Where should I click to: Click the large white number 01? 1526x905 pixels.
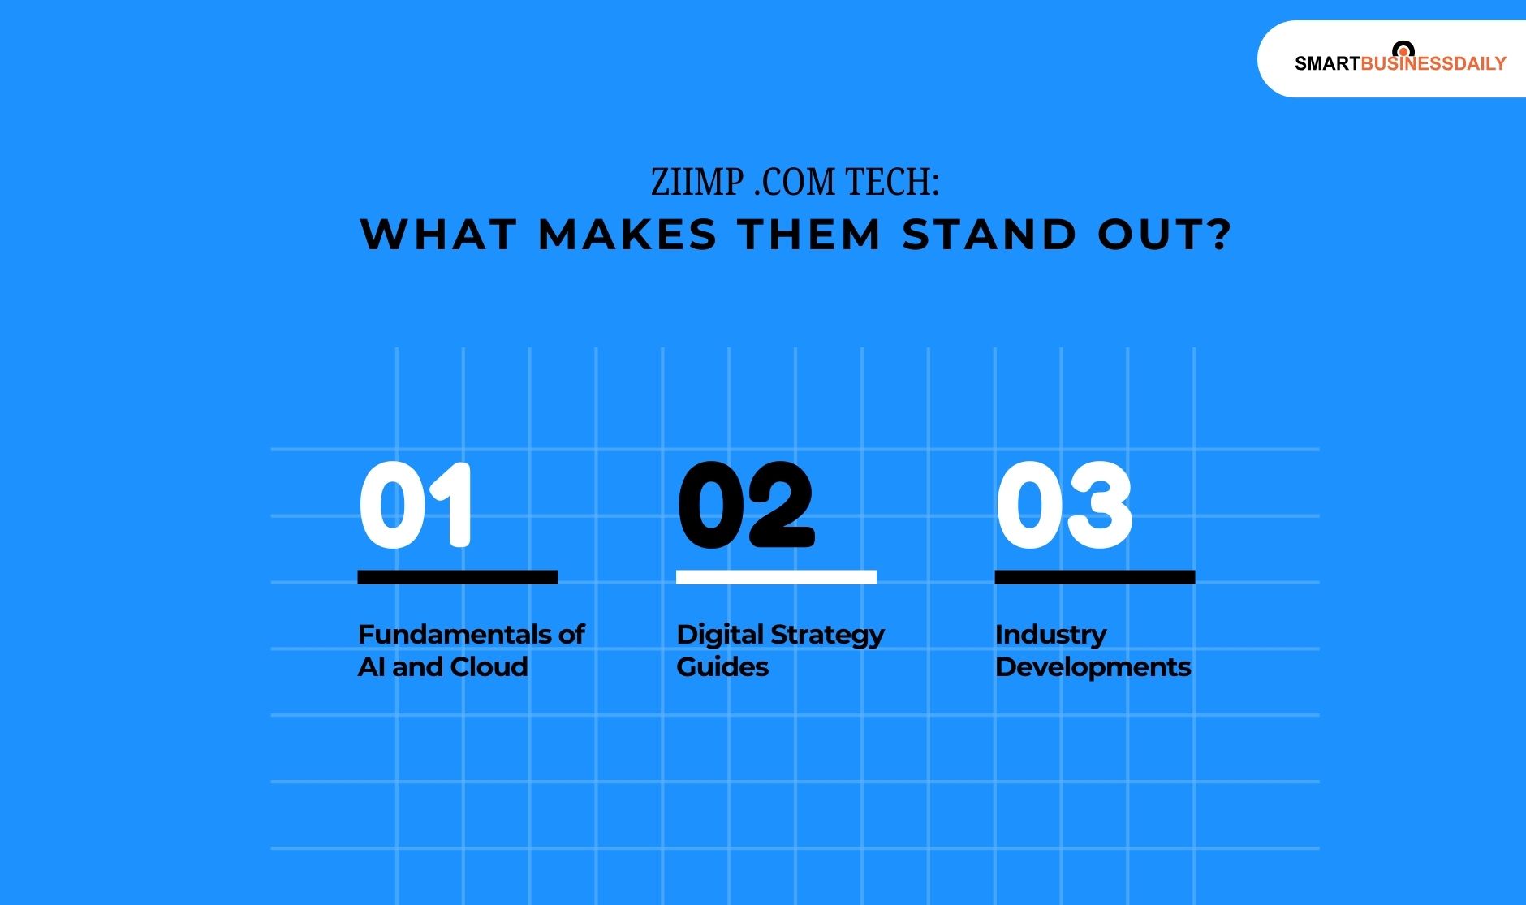click(415, 505)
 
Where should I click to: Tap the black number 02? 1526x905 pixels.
click(745, 505)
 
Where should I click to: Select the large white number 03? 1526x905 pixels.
click(1063, 505)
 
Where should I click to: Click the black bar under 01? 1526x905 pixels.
click(457, 577)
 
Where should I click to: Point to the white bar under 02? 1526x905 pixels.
click(776, 577)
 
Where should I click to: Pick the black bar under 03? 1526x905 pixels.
click(1094, 577)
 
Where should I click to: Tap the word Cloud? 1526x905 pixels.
click(489, 666)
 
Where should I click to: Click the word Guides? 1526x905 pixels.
click(722, 666)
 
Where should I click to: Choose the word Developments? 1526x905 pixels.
click(1093, 668)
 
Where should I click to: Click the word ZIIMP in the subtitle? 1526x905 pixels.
click(697, 183)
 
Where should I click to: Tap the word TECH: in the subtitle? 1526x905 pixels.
click(892, 183)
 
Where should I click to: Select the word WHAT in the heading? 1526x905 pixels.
click(438, 235)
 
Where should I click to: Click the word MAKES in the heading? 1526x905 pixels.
click(627, 235)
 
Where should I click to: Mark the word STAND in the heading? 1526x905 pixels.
click(989, 235)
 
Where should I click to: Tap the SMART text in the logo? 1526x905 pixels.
click(1326, 64)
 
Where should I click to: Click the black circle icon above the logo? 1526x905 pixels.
click(1403, 50)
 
